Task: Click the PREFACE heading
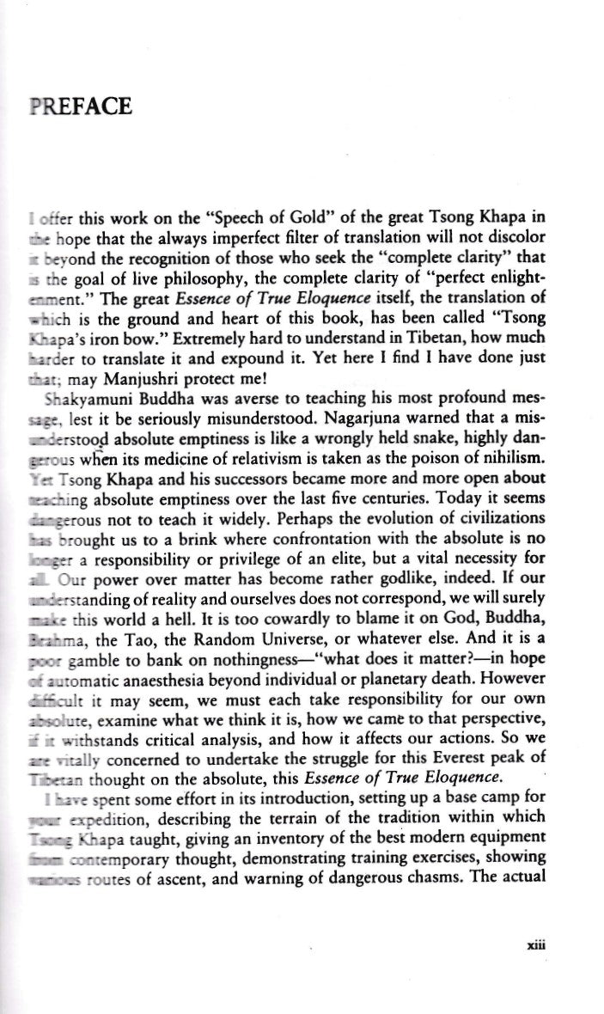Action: pos(79,107)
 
